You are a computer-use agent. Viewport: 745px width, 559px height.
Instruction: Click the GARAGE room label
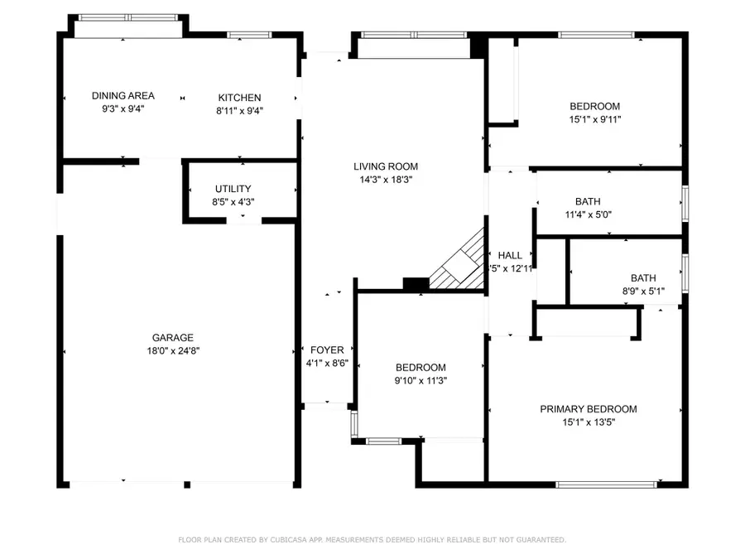click(x=172, y=337)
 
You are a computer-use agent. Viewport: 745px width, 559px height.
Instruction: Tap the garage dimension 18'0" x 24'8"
click(x=172, y=350)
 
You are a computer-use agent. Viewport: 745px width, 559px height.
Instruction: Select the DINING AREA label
click(x=123, y=96)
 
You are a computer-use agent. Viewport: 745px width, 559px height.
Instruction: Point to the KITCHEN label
click(x=239, y=97)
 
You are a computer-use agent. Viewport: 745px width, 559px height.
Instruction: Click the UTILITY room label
click(x=233, y=189)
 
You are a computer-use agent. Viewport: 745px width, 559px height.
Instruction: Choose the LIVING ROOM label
click(x=386, y=166)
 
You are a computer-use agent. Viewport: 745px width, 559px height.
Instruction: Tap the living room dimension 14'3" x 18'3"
click(x=386, y=179)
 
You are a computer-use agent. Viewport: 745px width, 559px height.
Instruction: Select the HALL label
click(x=509, y=255)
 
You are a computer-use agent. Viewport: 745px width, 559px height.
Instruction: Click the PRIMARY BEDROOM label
click(x=589, y=409)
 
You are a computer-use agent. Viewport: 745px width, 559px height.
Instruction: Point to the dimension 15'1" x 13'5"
click(x=589, y=422)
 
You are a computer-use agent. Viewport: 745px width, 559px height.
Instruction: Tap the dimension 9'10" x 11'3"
click(x=420, y=381)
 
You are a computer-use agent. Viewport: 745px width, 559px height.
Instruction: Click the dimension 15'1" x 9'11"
click(x=594, y=119)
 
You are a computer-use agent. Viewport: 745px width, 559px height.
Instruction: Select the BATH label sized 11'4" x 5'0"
click(x=588, y=201)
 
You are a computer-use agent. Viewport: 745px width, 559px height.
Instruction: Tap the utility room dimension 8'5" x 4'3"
click(x=233, y=201)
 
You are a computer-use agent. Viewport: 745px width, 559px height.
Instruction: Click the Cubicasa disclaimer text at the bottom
click(x=372, y=540)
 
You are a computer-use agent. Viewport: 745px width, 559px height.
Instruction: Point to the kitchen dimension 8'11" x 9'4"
click(x=239, y=110)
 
